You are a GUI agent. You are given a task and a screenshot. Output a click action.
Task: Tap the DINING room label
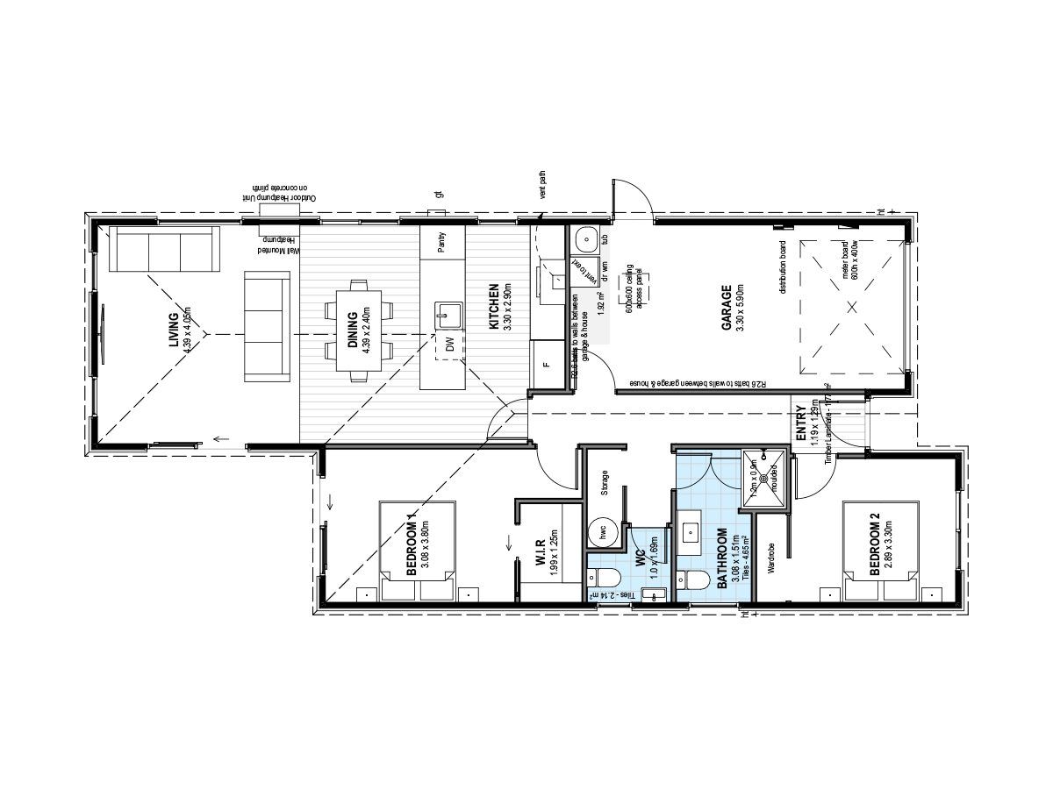(353, 330)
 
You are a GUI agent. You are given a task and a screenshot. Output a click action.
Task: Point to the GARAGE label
(727, 306)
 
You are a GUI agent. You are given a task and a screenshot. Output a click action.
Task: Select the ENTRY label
(800, 423)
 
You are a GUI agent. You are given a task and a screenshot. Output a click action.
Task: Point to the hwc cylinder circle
(604, 532)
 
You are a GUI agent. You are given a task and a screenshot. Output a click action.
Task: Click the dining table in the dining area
(359, 330)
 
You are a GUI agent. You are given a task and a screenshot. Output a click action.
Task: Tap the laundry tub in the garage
(584, 238)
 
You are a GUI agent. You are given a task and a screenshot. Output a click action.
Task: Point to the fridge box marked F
(546, 364)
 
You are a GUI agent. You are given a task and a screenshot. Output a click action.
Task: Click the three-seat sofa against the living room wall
(165, 251)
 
